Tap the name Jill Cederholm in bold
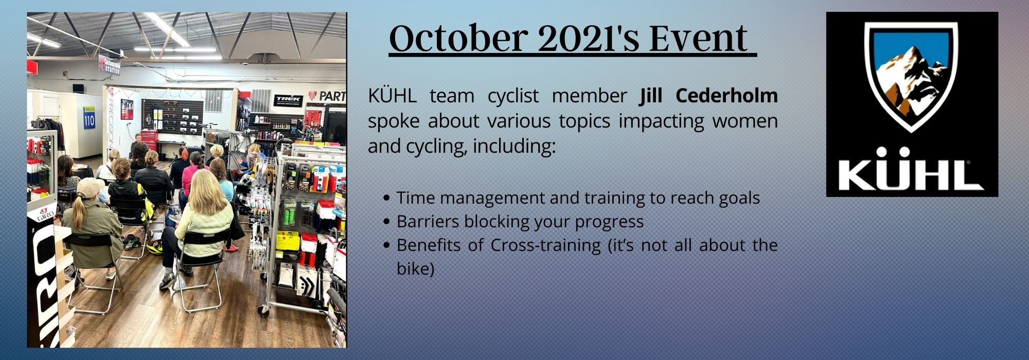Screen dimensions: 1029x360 pos(708,96)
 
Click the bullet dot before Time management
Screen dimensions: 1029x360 pos(388,198)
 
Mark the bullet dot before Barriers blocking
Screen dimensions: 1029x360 pos(388,222)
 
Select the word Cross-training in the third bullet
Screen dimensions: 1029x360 pos(545,245)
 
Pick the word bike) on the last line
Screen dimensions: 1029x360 pos(416,269)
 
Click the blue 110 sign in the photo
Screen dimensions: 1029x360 pos(89,118)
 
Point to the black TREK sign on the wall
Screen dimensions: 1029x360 pos(288,99)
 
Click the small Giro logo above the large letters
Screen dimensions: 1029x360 pos(45,216)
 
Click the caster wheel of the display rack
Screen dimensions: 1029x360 pos(263,311)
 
